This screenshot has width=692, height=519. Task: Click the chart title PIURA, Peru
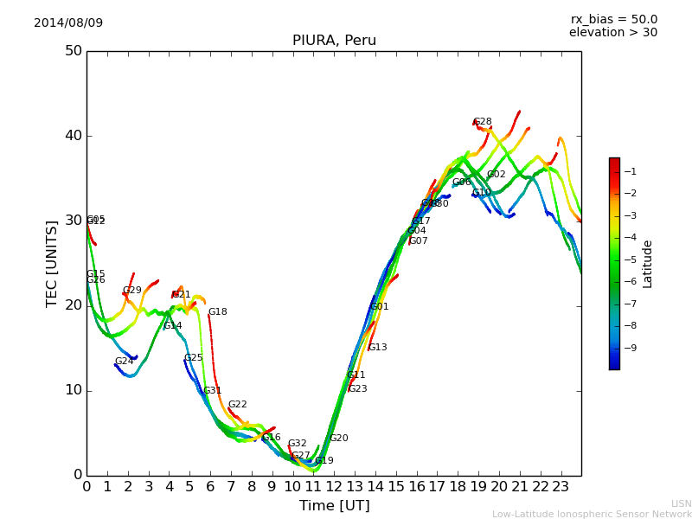point(334,41)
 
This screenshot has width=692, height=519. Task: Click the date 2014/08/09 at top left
point(68,23)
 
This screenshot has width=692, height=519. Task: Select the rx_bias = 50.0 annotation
point(613,20)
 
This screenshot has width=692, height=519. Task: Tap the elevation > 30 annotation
point(613,33)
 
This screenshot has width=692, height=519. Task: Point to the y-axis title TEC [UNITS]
point(52,262)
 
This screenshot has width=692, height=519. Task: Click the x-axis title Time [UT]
point(334,506)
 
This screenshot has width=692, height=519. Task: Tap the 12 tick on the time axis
point(334,487)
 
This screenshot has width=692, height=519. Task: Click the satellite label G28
point(482,122)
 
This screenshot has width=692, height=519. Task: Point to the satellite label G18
point(217,312)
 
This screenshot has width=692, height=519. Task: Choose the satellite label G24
point(124,362)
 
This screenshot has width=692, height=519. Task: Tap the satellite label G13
point(377,348)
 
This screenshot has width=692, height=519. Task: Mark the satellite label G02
point(496,175)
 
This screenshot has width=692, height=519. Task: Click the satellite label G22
point(237,405)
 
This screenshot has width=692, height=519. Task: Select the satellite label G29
point(131,291)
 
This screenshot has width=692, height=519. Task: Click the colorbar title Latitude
point(648,264)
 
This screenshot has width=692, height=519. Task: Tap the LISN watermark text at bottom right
point(682,503)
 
